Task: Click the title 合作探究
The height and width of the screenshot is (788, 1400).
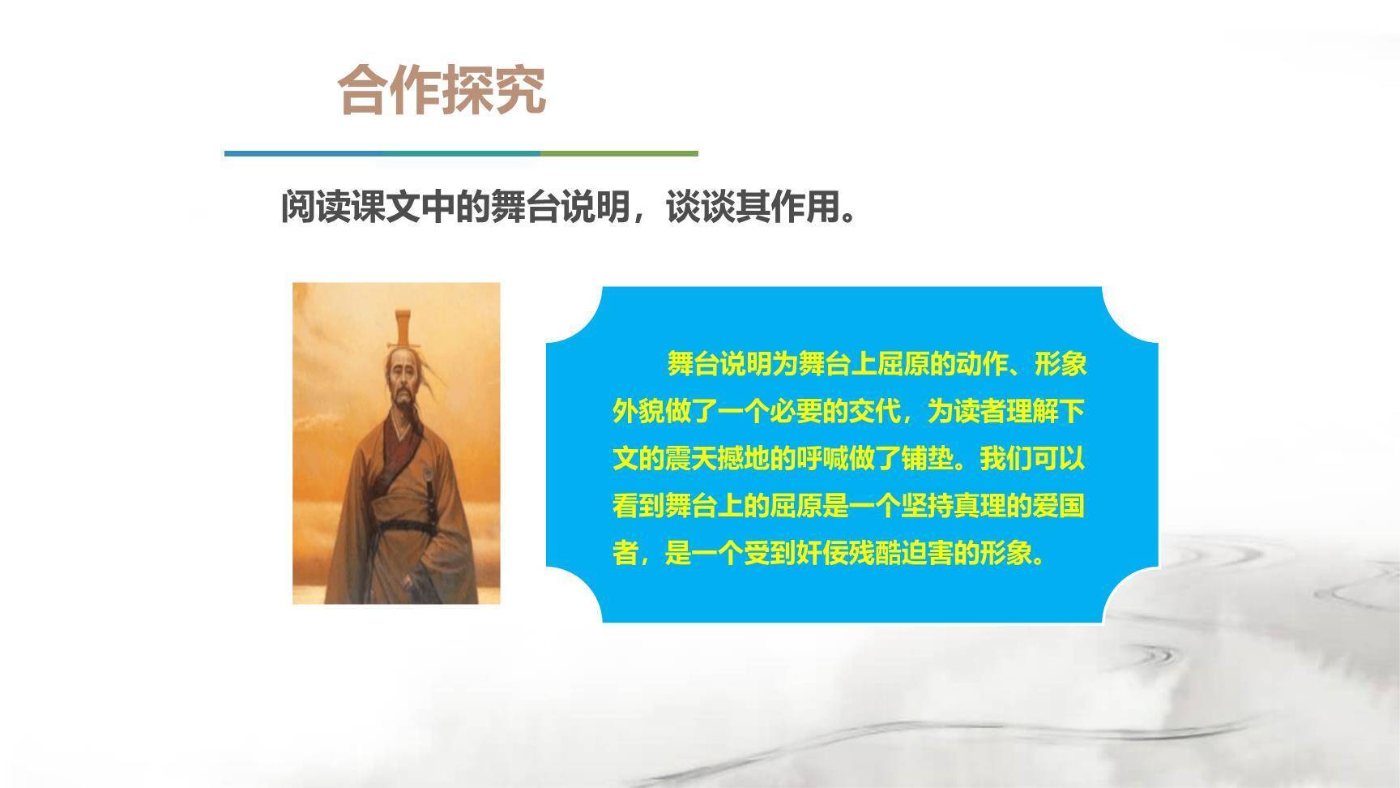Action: [x=442, y=89]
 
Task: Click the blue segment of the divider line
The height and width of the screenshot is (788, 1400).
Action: [x=300, y=152]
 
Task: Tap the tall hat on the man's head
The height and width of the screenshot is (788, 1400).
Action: [x=404, y=328]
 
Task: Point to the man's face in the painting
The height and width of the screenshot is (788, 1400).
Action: [x=402, y=381]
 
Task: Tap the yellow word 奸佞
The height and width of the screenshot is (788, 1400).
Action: [x=810, y=554]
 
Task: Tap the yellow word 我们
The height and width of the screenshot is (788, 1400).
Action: [x=1005, y=460]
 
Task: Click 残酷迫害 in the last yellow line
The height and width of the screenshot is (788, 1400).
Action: [x=889, y=554]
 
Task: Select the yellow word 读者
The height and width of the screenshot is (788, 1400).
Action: [x=979, y=413]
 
